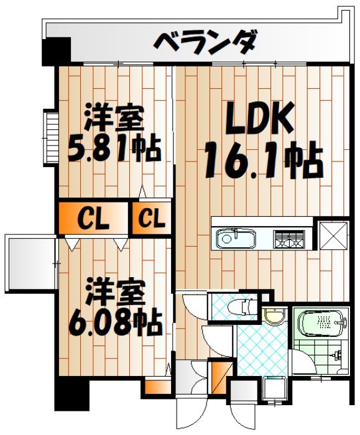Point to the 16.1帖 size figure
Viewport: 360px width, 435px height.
[262, 160]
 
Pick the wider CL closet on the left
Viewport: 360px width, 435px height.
[93, 218]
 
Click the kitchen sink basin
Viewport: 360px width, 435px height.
[236, 239]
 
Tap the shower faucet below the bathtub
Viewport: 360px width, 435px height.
[336, 357]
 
